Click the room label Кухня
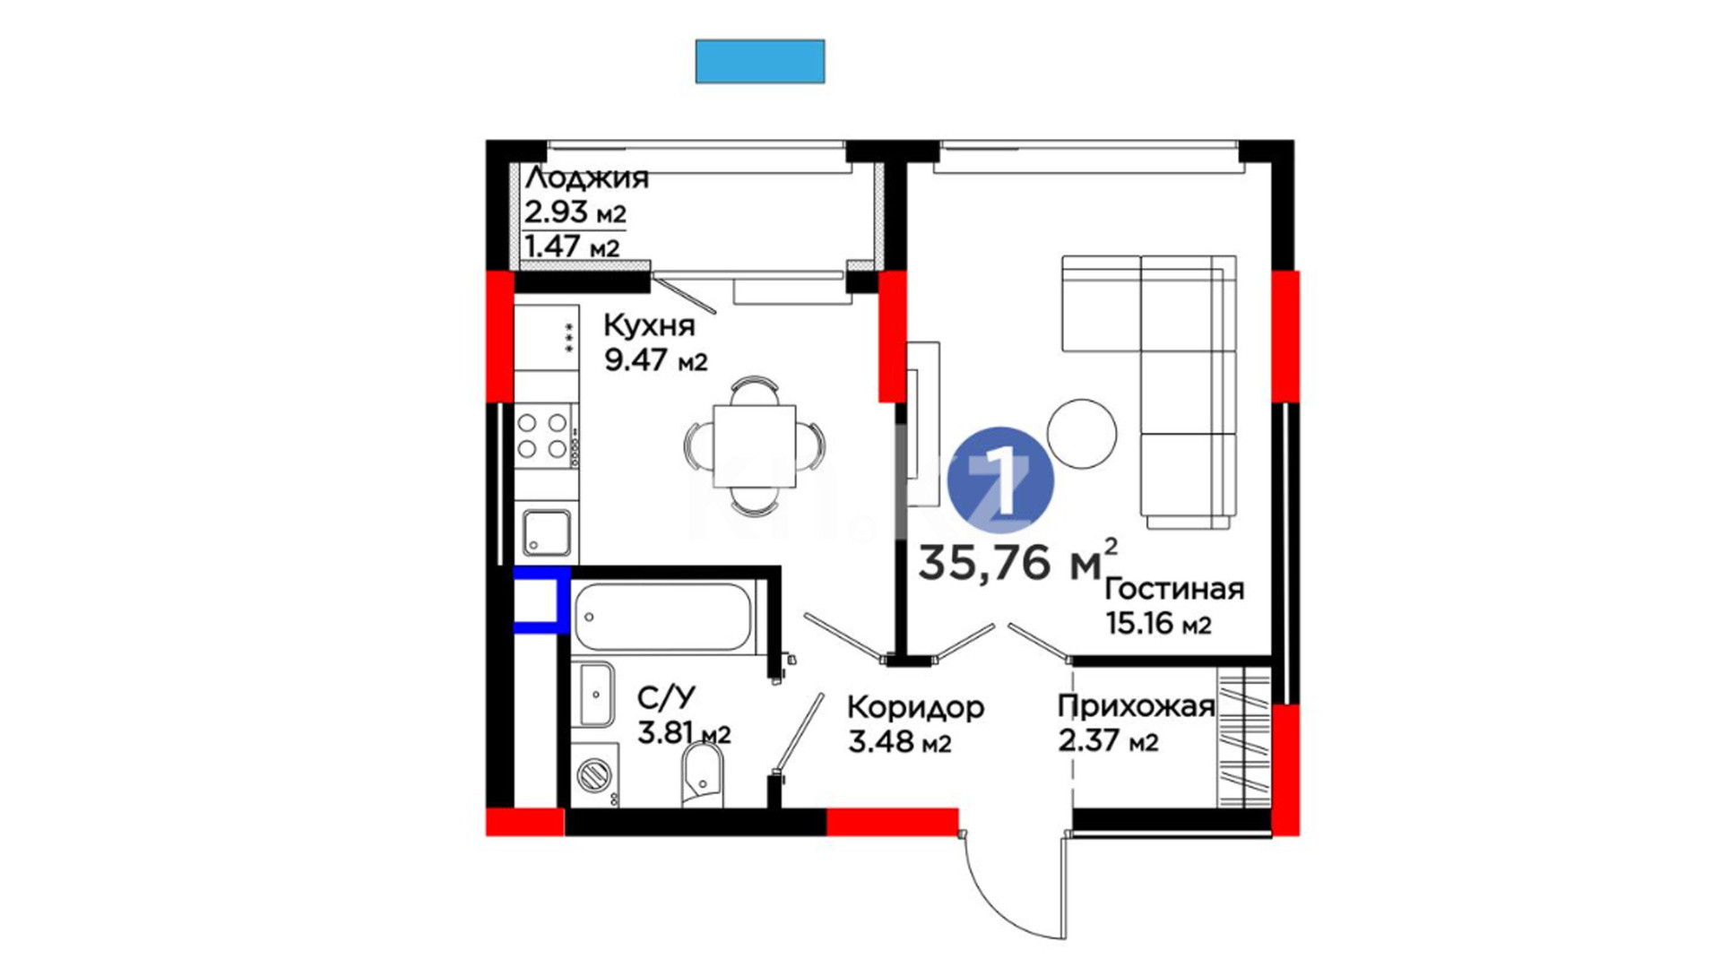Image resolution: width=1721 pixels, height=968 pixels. tap(649, 325)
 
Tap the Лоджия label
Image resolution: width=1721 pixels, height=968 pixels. tap(587, 178)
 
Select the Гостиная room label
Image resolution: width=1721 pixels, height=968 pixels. tap(1174, 589)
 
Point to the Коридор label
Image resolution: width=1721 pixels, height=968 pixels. tap(915, 707)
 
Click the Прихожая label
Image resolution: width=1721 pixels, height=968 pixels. tap(1136, 707)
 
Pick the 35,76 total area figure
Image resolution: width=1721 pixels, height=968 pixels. tap(984, 563)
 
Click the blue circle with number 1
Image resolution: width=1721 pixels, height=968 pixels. tap(1000, 481)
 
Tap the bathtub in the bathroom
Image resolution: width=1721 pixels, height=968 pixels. tap(662, 617)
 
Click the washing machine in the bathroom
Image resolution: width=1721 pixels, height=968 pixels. tap(593, 775)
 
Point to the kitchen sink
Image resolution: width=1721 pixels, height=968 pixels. tap(546, 532)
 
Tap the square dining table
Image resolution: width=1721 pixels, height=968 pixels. tap(755, 445)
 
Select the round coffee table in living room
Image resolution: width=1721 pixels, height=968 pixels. tap(1082, 434)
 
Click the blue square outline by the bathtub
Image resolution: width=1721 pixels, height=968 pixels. tap(541, 599)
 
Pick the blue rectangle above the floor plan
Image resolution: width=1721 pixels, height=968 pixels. tap(760, 62)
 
